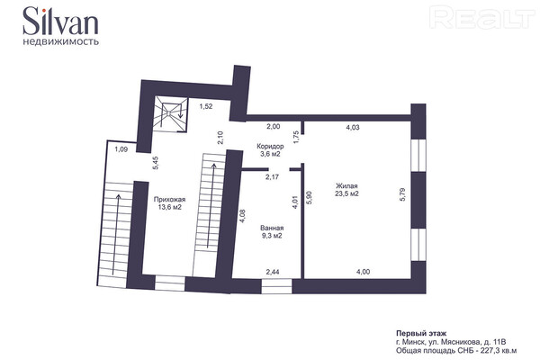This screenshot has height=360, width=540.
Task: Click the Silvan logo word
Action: tap(60, 21)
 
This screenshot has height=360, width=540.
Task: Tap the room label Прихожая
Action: tap(169, 200)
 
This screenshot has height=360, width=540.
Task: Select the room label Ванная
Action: tap(272, 228)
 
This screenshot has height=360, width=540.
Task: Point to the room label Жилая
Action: tap(346, 186)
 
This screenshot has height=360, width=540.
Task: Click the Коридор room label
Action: tap(270, 147)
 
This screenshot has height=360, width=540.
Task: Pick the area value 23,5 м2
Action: tap(346, 193)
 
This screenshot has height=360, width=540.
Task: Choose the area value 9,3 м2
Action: tap(272, 236)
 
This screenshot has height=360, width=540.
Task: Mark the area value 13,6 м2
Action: tap(169, 207)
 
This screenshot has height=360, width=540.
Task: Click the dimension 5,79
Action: tap(402, 194)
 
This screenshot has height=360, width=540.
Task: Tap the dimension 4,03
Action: tap(353, 128)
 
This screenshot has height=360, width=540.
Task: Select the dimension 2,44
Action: tap(273, 272)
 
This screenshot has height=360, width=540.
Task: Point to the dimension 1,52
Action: tap(206, 106)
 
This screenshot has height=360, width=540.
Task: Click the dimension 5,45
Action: tap(156, 163)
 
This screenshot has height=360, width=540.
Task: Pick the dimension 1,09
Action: tap(121, 149)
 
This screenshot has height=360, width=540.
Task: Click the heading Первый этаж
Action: tap(421, 334)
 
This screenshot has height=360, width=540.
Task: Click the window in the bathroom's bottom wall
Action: tap(276, 286)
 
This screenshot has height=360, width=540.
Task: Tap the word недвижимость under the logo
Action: tap(61, 42)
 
